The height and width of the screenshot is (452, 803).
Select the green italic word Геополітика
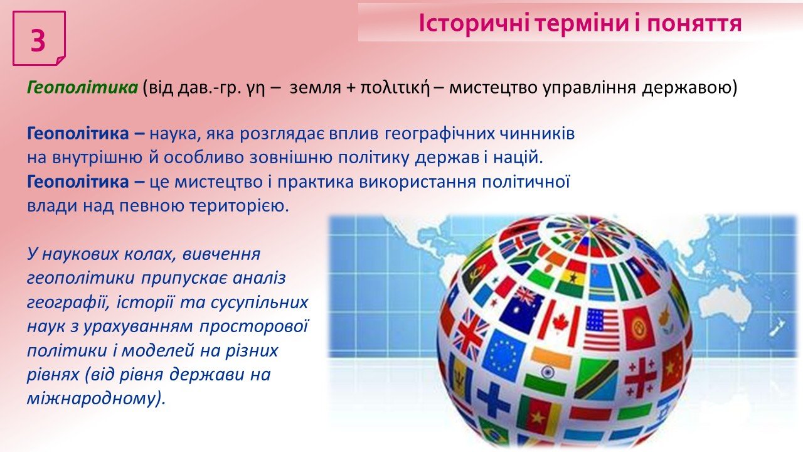[x=82, y=87]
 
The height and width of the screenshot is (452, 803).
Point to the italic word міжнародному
[x=96, y=399]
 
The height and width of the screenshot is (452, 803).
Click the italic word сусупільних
[x=259, y=303]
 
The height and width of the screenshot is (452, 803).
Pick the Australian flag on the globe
[x=521, y=309]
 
